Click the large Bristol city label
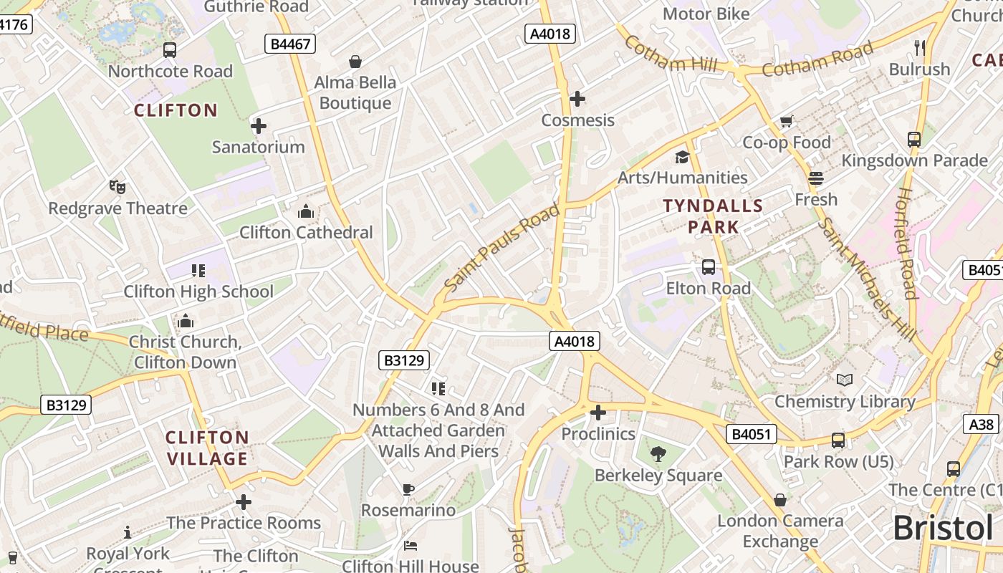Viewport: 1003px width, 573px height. coord(943,529)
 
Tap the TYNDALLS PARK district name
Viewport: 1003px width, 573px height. coord(713,216)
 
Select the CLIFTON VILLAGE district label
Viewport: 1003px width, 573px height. coord(206,448)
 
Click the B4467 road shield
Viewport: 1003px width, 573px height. coord(291,44)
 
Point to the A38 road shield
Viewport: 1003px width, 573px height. coord(981,425)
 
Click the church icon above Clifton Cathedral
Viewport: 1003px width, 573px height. coord(306,211)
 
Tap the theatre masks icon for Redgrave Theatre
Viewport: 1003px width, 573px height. coord(117,187)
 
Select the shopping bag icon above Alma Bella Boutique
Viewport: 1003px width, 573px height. coord(355,62)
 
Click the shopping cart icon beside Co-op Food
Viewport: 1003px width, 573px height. coord(786,122)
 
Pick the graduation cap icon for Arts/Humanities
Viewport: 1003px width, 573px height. coord(682,156)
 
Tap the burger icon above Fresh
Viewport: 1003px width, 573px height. coord(815,178)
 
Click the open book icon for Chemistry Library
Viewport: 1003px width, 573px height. coord(845,380)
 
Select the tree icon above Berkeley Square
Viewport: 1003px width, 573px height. coord(658,453)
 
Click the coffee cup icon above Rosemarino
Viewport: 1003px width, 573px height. coord(408,489)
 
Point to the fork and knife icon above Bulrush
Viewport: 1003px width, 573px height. coord(920,48)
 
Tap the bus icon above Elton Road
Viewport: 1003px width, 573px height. coord(709,267)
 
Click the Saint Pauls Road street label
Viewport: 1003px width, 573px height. coord(501,248)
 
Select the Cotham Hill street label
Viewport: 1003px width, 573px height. coord(671,54)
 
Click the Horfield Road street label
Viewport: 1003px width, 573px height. coord(906,244)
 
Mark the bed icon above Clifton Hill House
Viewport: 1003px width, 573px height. coord(411,546)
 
